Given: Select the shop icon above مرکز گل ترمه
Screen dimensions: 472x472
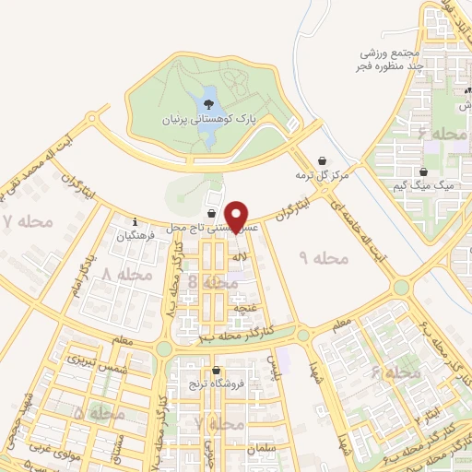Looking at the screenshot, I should click(322, 160).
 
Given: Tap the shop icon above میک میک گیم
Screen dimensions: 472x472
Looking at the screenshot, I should click(423, 171).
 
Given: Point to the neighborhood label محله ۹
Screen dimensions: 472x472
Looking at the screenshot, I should click(326, 258).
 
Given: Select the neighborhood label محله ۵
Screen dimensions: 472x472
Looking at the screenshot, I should click(97, 415).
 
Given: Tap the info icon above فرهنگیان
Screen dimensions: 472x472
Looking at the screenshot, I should click(136, 221).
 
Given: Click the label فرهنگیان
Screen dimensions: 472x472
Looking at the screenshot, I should click(135, 236).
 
